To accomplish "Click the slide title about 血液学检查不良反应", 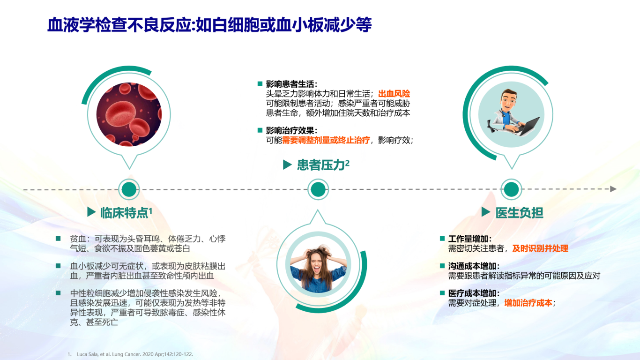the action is tap(209, 24).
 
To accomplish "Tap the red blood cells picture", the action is tap(129, 114).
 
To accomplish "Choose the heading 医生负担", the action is tap(519, 213).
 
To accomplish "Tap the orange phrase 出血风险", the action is tap(394, 94).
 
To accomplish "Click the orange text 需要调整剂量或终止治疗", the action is tap(326, 140).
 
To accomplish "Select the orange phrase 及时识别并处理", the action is tap(540, 248).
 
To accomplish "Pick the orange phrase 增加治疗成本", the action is tap(528, 303).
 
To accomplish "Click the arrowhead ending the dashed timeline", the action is tap(613, 189).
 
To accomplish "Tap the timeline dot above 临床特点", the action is tap(129, 189).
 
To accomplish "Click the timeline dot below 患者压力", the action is tap(318, 189).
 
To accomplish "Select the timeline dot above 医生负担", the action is tap(511, 189).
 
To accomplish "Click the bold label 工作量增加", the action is tap(470, 239).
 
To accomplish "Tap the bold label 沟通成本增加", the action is tap(474, 266).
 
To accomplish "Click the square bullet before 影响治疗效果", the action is tap(260, 130).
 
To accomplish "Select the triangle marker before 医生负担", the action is tap(486, 212).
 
